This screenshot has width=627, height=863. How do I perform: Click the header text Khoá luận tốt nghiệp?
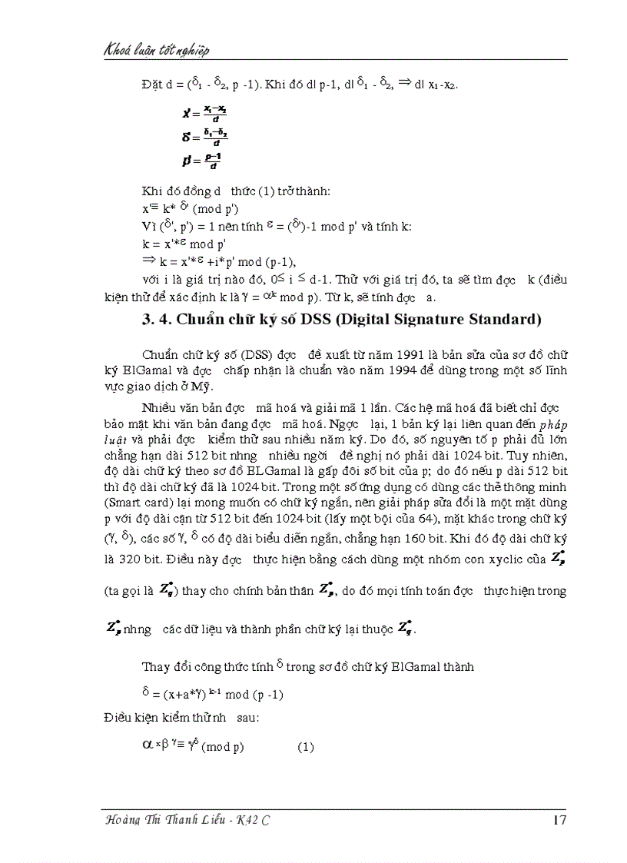coord(157,51)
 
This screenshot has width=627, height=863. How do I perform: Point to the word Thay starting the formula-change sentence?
coord(157,666)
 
